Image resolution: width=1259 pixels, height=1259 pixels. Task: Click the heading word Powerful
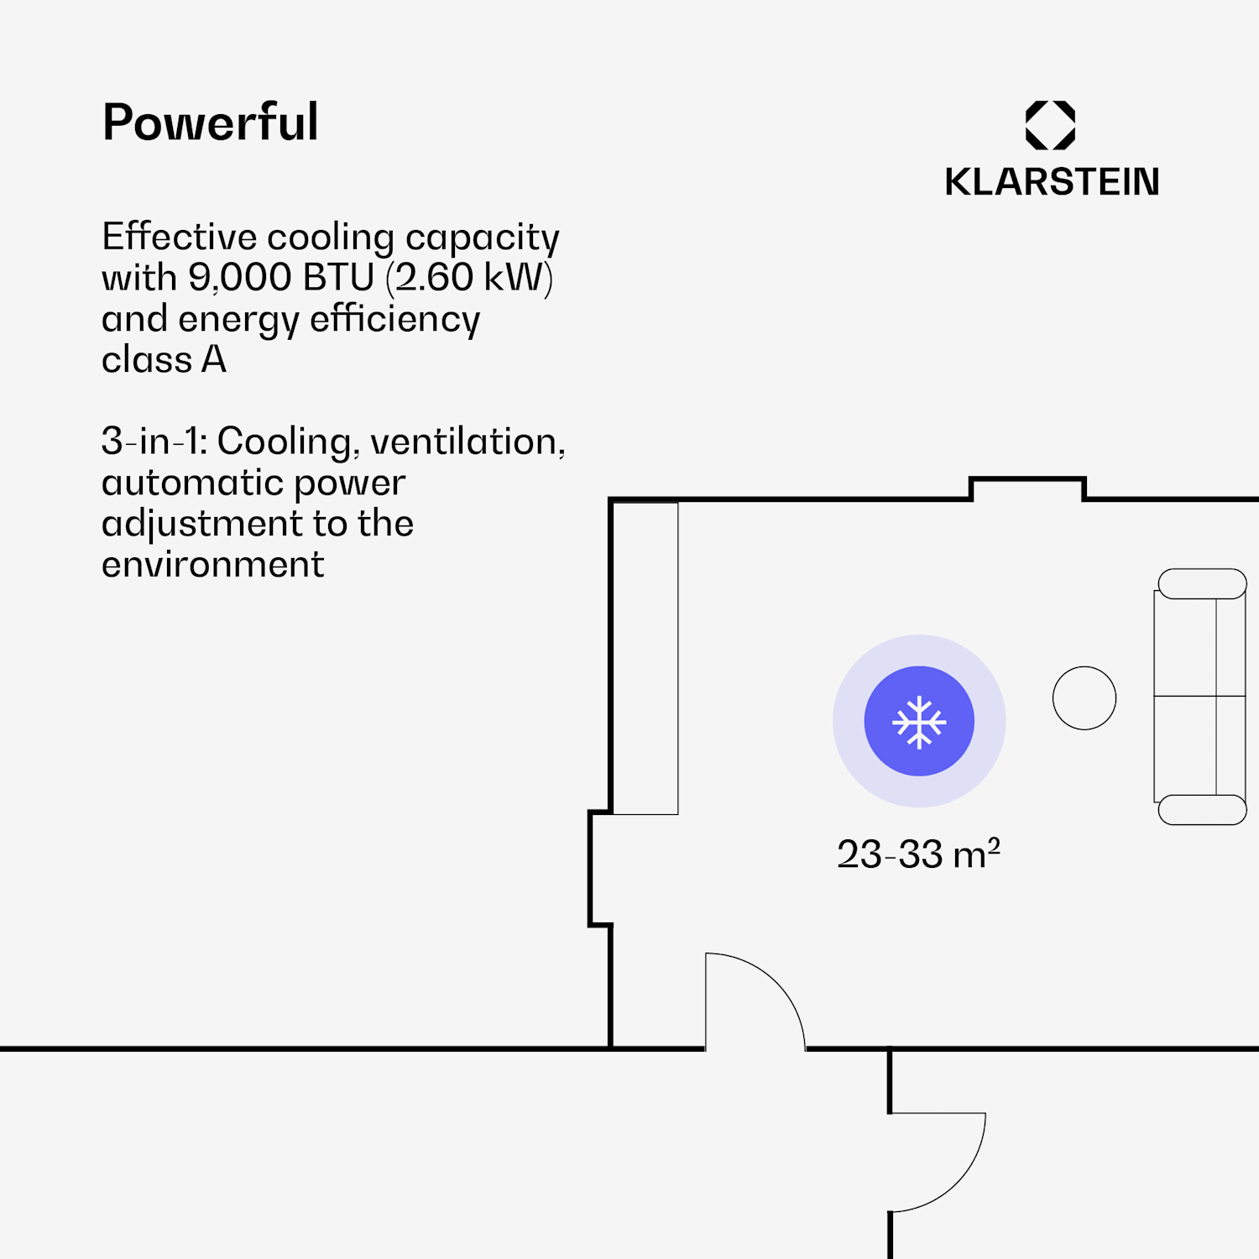(x=210, y=123)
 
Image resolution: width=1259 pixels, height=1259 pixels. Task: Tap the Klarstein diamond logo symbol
(x=1050, y=125)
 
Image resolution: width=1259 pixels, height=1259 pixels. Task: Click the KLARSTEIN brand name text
(x=1052, y=182)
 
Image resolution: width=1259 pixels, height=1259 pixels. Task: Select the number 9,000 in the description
(x=239, y=278)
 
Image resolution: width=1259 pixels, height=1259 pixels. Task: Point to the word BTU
(x=338, y=278)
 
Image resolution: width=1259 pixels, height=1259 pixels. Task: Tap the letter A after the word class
(x=214, y=360)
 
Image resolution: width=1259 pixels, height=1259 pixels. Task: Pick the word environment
(x=212, y=565)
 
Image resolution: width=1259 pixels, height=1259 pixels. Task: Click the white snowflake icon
(x=919, y=722)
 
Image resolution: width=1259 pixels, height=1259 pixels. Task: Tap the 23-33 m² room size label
(x=918, y=854)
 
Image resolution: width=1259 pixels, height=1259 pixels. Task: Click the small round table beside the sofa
(x=1084, y=698)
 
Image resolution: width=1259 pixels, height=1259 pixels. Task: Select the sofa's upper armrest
(x=1202, y=584)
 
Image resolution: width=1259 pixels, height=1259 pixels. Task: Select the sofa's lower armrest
(x=1202, y=810)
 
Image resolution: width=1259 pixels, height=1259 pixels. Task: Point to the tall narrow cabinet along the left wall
(x=645, y=658)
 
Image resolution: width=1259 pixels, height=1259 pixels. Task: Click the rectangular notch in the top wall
(x=1027, y=488)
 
